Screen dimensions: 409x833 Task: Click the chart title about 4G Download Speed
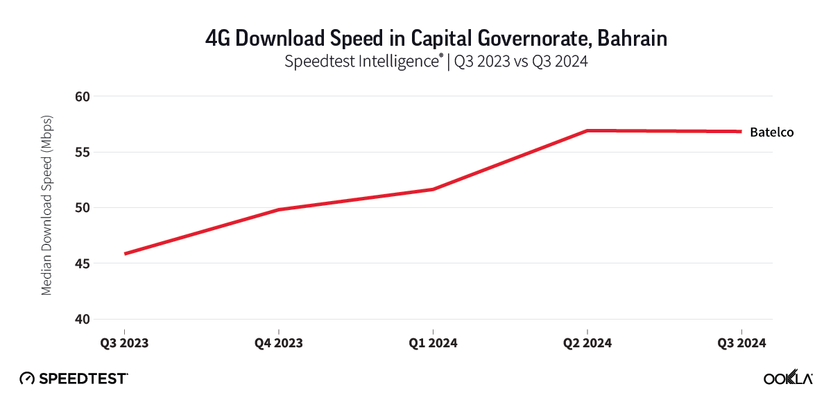coord(436,39)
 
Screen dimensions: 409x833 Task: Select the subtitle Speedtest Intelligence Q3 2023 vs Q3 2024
coord(436,62)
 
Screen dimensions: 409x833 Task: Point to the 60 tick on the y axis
coord(83,96)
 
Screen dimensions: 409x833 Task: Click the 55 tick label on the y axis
coord(83,152)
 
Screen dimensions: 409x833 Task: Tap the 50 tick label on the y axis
coord(83,208)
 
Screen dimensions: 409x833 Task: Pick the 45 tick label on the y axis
coord(83,263)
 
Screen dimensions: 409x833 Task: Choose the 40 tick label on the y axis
coord(83,320)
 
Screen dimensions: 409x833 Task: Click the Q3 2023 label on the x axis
coord(124,343)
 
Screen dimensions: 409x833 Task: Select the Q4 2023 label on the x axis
coord(278,343)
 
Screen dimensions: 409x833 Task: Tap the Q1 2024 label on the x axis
coord(433,343)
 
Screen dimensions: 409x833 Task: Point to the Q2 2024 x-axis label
coord(587,343)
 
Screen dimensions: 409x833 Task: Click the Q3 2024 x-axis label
coord(741,343)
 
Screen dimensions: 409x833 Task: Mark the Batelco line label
coord(771,132)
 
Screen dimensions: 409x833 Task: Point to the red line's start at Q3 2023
coord(125,254)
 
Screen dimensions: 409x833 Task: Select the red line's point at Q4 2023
coord(278,209)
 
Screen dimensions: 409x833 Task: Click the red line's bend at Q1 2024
coord(433,189)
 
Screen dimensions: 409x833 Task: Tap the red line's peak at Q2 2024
coord(587,130)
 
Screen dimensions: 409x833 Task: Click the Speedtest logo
coord(74,378)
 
